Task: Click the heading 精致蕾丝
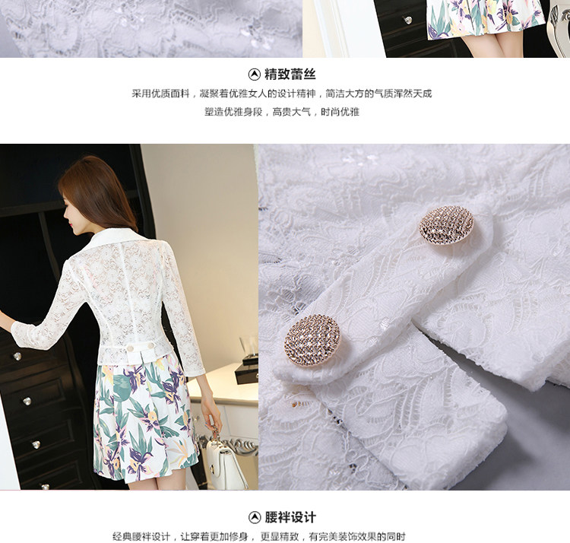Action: tap(290, 75)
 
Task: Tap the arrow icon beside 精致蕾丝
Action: tap(254, 75)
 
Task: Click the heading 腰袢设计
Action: tap(290, 517)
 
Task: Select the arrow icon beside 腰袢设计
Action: tap(255, 517)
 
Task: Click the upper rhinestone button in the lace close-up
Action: tap(446, 225)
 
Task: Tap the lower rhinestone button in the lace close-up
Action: tap(312, 340)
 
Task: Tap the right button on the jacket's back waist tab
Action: tap(150, 345)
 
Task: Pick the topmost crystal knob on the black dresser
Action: tap(17, 356)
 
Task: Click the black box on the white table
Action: tap(246, 373)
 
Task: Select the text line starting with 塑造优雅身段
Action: tap(282, 112)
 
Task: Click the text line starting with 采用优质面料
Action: tap(282, 94)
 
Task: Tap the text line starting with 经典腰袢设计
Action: tap(259, 536)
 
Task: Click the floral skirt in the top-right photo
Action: tap(486, 19)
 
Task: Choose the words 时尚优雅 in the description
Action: tap(340, 112)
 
